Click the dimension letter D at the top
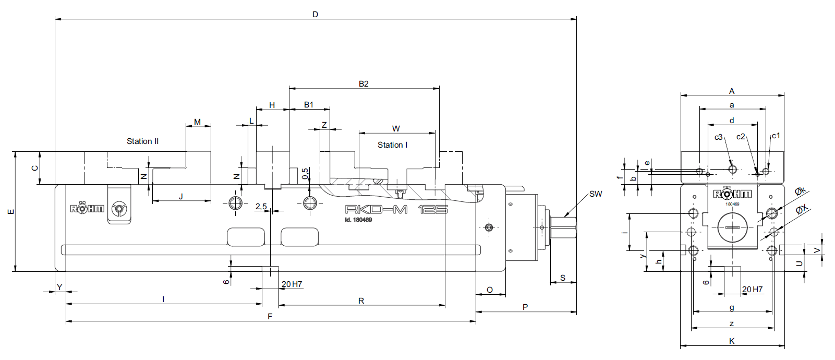[316, 15]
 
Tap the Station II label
[142, 141]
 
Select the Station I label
[392, 145]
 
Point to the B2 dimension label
[364, 84]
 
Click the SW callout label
[596, 194]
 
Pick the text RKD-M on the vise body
[376, 210]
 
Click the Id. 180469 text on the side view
[358, 220]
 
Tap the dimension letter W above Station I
[396, 129]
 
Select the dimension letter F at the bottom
[270, 317]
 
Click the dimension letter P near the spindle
[525, 307]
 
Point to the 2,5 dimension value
[261, 207]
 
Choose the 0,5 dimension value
[305, 173]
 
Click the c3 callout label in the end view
[718, 137]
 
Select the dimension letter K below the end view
[732, 341]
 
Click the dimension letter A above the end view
[732, 91]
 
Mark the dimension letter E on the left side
[11, 212]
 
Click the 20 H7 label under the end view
[752, 290]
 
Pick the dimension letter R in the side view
[361, 301]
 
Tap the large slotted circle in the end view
[732, 227]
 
